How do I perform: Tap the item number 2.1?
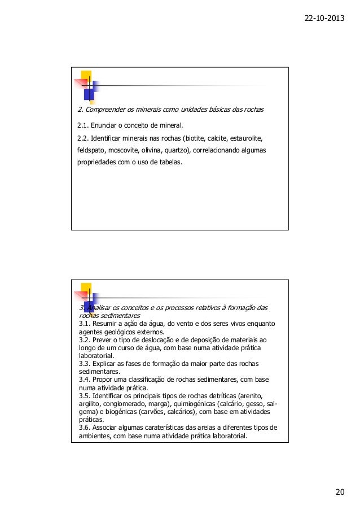coord(84,125)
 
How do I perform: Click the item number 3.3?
coord(84,364)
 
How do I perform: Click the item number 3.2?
coord(84,340)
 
